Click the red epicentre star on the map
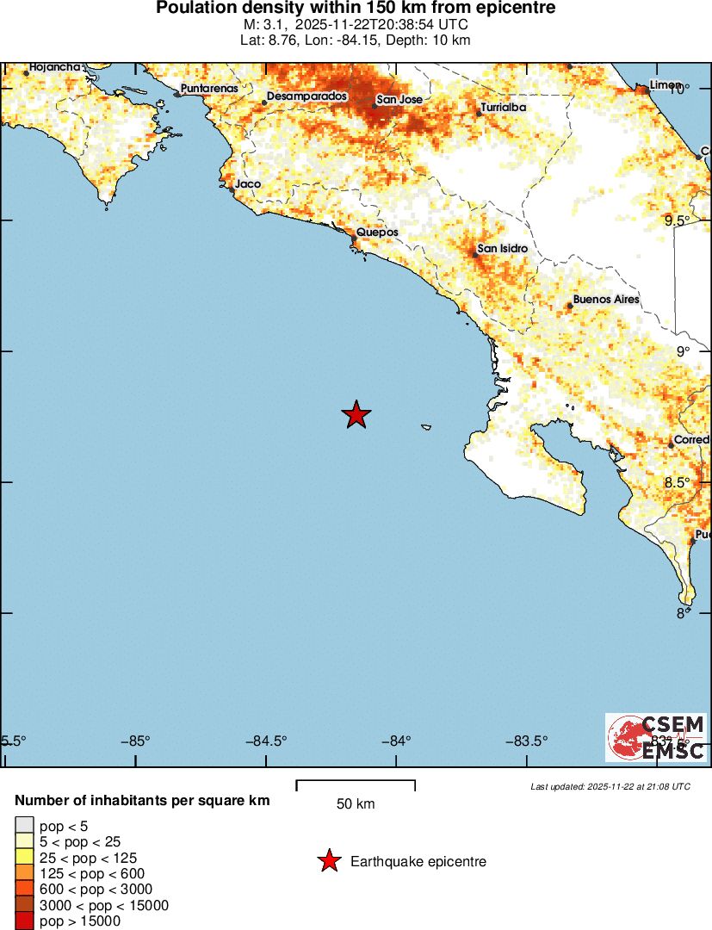[x=356, y=415]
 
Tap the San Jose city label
[x=399, y=100]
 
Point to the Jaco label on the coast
[x=248, y=183]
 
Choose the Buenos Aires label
[x=606, y=299]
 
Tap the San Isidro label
[x=502, y=249]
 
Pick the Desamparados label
[x=306, y=96]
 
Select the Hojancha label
[x=55, y=66]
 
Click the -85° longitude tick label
[x=136, y=741]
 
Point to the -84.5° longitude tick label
[x=266, y=741]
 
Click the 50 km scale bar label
[x=356, y=804]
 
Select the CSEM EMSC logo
[x=656, y=738]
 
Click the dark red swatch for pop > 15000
[x=23, y=921]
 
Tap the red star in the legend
[x=328, y=861]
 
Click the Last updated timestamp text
[x=610, y=786]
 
